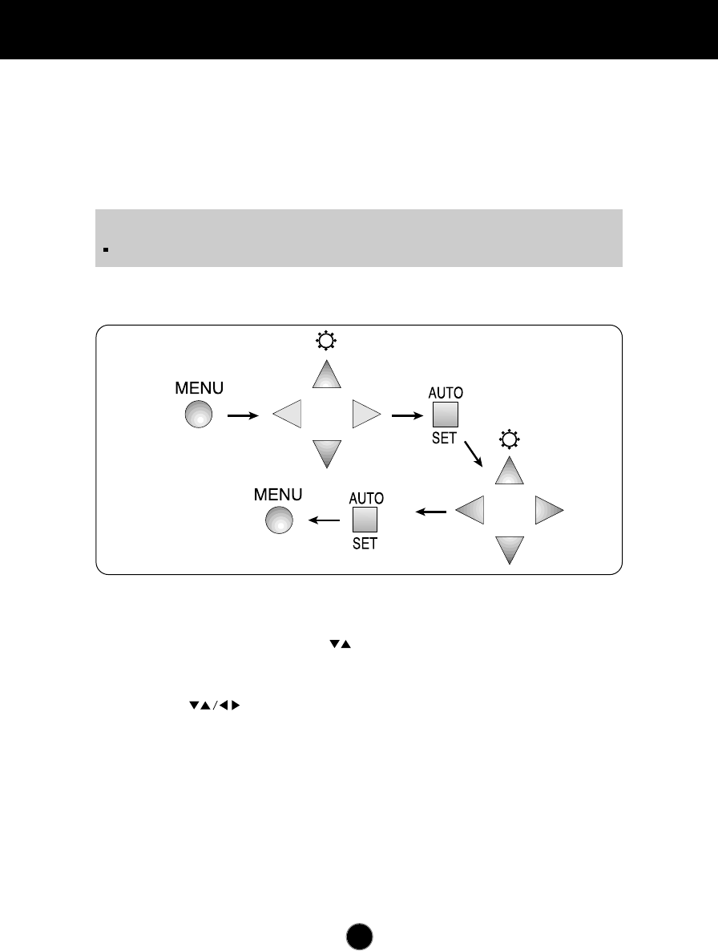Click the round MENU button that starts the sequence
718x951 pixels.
(199, 415)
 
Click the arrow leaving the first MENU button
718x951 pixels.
(243, 415)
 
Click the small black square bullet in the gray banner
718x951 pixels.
(106, 249)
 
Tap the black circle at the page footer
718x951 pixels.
(360, 936)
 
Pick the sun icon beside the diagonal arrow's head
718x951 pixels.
(509, 439)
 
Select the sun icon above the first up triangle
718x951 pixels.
(327, 342)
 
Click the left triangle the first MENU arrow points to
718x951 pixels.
(287, 415)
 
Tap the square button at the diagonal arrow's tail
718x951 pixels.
(445, 415)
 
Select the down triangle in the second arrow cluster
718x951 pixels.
(510, 550)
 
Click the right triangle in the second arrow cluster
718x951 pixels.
(549, 511)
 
